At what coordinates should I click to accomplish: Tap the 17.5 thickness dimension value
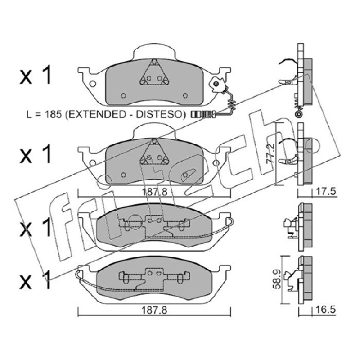(325, 192)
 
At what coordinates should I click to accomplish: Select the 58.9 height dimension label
(277, 279)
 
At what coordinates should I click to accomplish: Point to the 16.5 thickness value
(325, 310)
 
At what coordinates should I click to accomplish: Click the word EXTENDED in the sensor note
(96, 114)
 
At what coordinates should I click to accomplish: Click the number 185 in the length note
(53, 114)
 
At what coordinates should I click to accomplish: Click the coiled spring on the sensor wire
(232, 104)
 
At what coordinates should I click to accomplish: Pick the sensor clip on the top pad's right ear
(217, 85)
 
